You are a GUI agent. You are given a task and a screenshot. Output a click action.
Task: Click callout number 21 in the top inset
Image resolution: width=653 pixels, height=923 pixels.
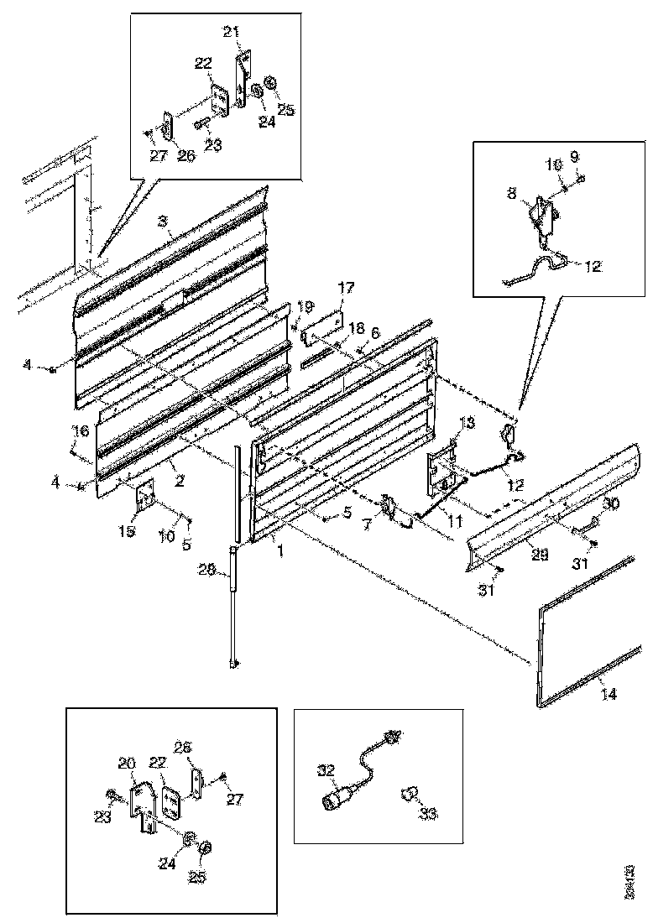pyautogui.click(x=232, y=32)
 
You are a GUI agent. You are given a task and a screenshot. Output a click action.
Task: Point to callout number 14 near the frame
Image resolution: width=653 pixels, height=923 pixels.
pyautogui.click(x=608, y=694)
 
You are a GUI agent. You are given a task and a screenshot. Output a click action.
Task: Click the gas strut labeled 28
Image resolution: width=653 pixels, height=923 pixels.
pyautogui.click(x=232, y=604)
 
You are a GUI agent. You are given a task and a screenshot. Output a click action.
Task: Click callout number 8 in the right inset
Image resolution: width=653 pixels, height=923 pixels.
pyautogui.click(x=511, y=192)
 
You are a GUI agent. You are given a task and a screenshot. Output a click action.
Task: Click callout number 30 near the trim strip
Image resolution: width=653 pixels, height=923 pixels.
pyautogui.click(x=610, y=504)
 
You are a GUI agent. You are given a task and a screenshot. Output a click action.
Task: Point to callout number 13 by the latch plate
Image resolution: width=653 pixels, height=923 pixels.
pyautogui.click(x=468, y=421)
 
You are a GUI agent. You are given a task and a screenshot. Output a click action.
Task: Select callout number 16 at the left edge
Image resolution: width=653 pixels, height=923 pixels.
pyautogui.click(x=80, y=431)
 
